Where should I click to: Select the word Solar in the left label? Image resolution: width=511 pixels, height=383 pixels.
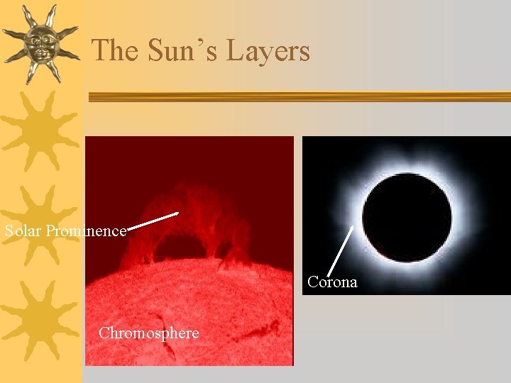click(x=23, y=231)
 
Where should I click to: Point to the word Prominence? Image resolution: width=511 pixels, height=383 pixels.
click(x=86, y=231)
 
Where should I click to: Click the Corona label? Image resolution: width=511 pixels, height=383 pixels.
click(x=332, y=282)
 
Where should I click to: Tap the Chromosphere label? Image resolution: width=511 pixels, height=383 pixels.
click(x=149, y=333)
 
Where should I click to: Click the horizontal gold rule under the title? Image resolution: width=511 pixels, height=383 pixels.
click(x=298, y=98)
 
